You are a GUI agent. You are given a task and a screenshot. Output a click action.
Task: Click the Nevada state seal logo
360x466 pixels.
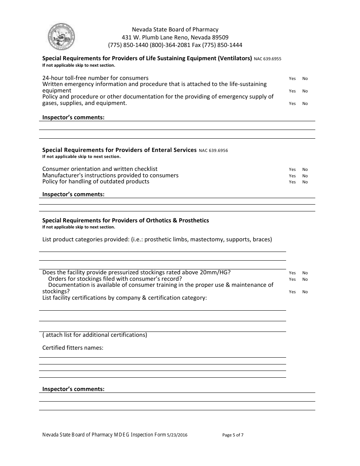[x=61, y=37]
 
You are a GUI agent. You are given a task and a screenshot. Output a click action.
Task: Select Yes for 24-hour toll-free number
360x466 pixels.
[x=292, y=79]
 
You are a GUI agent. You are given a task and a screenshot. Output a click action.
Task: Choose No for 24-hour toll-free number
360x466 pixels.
[x=305, y=79]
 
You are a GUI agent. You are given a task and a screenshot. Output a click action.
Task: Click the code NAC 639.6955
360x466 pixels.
[x=268, y=59]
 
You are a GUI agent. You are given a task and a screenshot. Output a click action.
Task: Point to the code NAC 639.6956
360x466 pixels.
[x=213, y=150]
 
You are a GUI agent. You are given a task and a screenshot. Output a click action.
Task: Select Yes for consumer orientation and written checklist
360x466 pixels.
[x=292, y=170]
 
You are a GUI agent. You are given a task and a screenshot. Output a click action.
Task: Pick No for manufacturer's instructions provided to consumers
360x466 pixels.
[x=305, y=176]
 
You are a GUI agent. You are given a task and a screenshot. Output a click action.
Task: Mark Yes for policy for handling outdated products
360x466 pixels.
[x=292, y=182]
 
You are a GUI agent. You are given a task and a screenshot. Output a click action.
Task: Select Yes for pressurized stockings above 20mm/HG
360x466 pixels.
[x=292, y=273]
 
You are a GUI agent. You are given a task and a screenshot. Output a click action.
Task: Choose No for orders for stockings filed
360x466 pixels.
[x=305, y=280]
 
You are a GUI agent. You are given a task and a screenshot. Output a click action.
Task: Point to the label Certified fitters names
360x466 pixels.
[x=73, y=348]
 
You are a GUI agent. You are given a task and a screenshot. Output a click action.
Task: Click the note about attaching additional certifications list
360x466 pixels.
[x=95, y=335]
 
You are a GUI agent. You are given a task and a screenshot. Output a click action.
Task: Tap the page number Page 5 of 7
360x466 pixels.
[x=233, y=435]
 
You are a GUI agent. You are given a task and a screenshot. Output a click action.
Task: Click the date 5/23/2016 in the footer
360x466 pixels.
[x=177, y=435]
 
